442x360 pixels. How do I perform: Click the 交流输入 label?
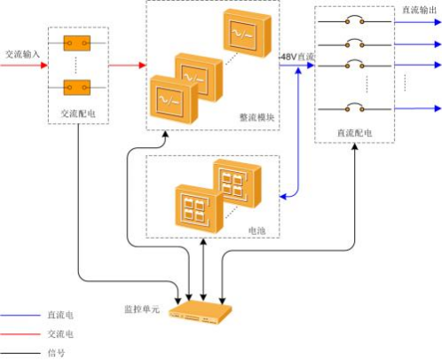point(22,54)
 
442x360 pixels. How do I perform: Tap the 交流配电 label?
point(78,113)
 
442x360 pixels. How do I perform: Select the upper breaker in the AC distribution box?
point(77,43)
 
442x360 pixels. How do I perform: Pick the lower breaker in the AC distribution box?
point(77,87)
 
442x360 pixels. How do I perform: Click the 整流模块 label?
point(257,117)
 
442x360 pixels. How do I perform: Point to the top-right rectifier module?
point(247,33)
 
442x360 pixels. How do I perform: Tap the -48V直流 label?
point(296,57)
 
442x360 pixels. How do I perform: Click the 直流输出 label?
point(419,10)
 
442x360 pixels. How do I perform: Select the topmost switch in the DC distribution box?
point(354,20)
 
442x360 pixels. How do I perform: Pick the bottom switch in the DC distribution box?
point(354,107)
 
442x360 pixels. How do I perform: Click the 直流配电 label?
point(354,133)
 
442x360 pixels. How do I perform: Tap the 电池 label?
point(257,231)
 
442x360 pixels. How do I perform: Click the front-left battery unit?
point(199,208)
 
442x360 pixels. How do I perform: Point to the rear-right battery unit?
point(237,184)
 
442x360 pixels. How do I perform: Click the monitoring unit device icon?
point(201,313)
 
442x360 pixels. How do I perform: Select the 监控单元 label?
point(142,309)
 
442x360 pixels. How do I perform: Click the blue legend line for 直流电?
point(20,316)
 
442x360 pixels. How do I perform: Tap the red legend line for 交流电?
point(20,334)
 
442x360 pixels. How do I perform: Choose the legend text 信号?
point(56,353)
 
